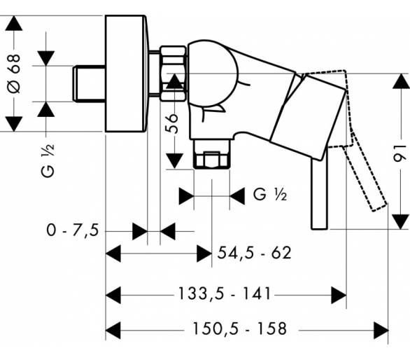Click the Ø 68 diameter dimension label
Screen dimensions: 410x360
click(x=14, y=74)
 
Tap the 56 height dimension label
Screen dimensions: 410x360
click(x=172, y=123)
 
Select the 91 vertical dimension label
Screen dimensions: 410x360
click(x=400, y=153)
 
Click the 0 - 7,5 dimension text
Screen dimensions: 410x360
click(x=73, y=230)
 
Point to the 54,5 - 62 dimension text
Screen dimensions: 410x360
click(x=254, y=253)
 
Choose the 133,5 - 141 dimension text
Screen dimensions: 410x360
click(x=224, y=293)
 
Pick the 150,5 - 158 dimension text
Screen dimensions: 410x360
click(x=239, y=328)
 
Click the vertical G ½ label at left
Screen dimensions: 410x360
click(x=48, y=160)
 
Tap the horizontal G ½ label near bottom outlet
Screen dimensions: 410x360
click(x=270, y=195)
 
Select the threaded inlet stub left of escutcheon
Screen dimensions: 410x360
click(x=89, y=83)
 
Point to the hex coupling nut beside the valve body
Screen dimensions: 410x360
click(x=173, y=74)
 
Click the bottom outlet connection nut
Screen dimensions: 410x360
click(x=211, y=155)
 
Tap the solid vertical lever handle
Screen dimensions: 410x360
click(x=319, y=193)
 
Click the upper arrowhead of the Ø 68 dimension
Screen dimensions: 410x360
click(x=14, y=23)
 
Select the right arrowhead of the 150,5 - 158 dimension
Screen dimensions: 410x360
click(x=381, y=331)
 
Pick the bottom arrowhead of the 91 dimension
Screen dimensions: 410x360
click(x=401, y=221)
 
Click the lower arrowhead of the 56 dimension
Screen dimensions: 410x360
click(x=174, y=161)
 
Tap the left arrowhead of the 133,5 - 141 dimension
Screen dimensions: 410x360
click(x=113, y=295)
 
